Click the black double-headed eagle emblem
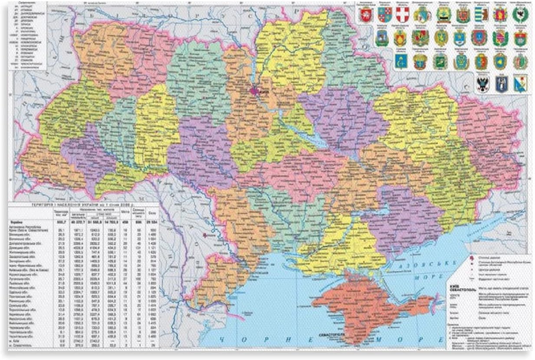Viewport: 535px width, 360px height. (x=482, y=84)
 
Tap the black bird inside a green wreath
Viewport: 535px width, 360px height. (x=519, y=15)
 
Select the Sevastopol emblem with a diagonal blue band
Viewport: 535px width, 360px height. (x=520, y=84)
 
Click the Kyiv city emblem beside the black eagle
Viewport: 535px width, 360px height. (x=502, y=84)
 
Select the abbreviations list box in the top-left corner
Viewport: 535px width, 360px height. (x=29, y=35)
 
